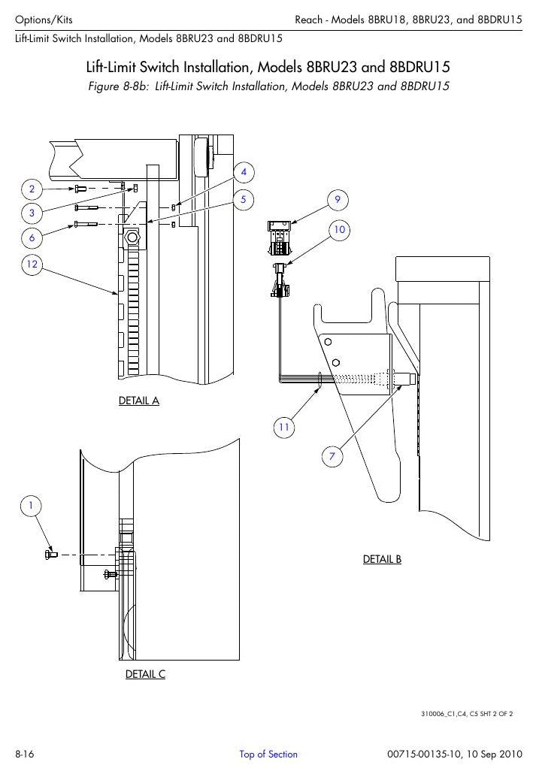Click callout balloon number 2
point(32,189)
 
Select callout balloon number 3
point(32,213)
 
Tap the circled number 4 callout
point(244,172)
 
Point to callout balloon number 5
point(244,199)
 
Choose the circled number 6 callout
point(32,238)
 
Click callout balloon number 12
point(32,264)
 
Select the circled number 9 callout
point(338,199)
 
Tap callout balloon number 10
point(339,229)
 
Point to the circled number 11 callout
point(284,427)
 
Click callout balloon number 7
point(332,456)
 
